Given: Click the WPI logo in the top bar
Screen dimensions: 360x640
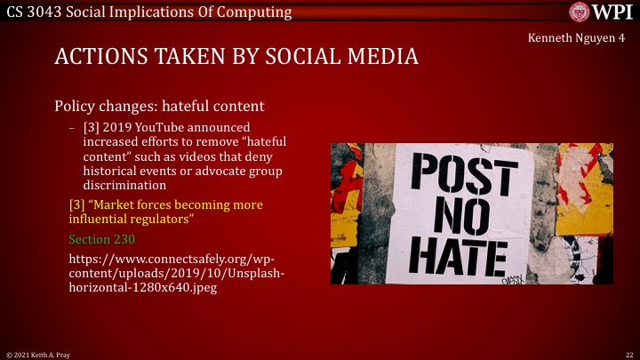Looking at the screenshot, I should pos(603,12).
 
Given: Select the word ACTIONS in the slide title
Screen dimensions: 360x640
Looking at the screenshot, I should pos(99,58).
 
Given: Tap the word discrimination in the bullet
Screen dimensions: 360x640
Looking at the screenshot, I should pos(123,186).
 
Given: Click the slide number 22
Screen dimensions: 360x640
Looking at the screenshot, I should pos(628,354).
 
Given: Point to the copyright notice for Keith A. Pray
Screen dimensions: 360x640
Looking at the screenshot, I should pos(39,354).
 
